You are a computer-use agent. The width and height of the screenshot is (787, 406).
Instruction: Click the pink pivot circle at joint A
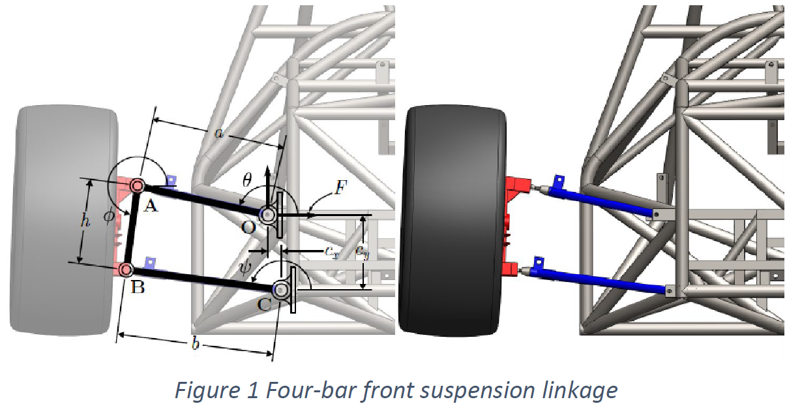[x=137, y=186]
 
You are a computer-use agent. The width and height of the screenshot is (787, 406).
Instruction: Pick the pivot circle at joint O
[x=267, y=213]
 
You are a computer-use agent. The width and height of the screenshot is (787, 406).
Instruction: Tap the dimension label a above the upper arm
[x=218, y=133]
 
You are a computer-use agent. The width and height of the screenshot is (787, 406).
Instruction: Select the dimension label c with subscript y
[x=361, y=250]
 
